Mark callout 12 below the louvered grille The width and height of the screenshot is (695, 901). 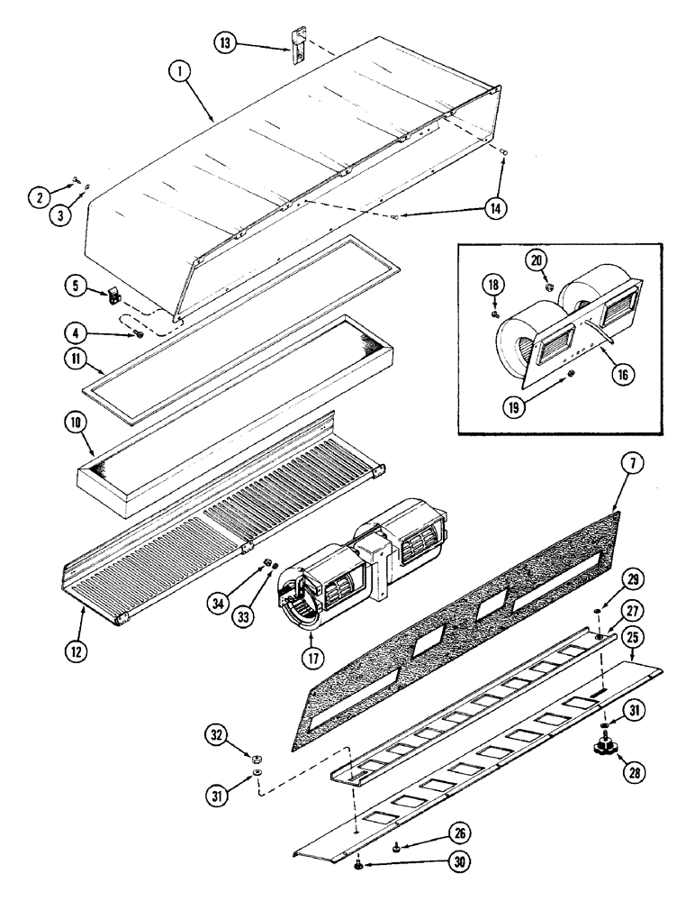click(x=76, y=650)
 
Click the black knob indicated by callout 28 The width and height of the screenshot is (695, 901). click(x=600, y=746)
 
